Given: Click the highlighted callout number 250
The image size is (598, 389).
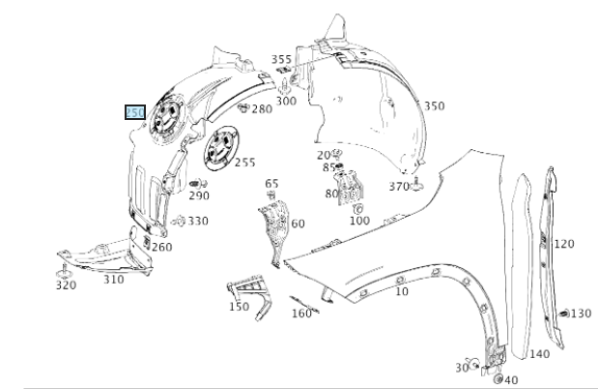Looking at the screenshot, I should (134, 113).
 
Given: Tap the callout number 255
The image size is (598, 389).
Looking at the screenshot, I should (244, 163).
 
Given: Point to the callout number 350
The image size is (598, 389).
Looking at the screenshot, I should (434, 105).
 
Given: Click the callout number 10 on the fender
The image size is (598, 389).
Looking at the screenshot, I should (401, 290).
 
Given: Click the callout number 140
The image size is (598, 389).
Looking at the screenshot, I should (539, 354).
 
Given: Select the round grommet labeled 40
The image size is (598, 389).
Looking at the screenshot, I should (498, 379).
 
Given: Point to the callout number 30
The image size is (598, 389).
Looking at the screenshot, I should (461, 368).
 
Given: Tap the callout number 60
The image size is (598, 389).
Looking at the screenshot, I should (298, 224).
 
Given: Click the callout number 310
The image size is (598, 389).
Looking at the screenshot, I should (114, 280).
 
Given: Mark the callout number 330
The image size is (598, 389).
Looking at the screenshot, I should (197, 222).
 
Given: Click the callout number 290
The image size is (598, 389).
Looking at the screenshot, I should (199, 195).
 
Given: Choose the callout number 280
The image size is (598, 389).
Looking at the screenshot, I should (262, 109).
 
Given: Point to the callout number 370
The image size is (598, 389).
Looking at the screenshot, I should (399, 187).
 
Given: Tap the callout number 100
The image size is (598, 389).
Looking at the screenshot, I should (359, 221).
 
